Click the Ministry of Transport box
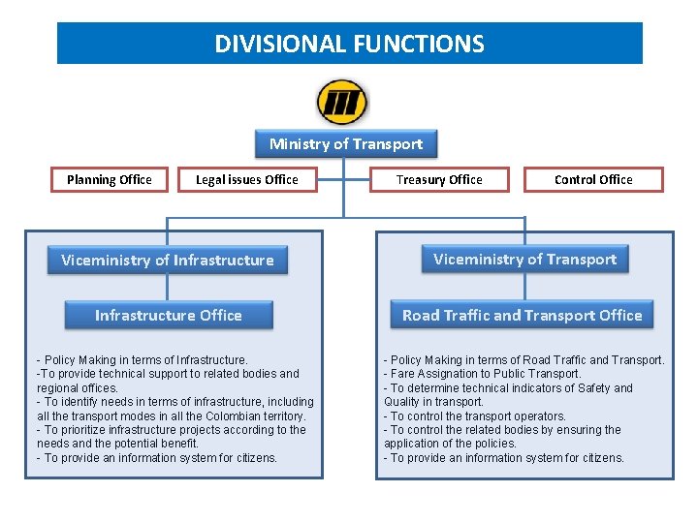tap(346, 144)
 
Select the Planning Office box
tap(110, 179)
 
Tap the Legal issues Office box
tap(247, 179)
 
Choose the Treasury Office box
tap(439, 179)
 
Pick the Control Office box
tap(593, 179)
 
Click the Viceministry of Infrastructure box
tap(168, 260)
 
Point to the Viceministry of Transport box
tap(524, 259)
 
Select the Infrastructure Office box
tap(169, 315)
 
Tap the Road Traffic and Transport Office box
tap(523, 315)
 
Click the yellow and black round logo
tap(342, 102)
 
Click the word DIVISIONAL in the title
tap(280, 44)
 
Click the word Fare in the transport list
tap(405, 374)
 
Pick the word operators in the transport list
tap(538, 415)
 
